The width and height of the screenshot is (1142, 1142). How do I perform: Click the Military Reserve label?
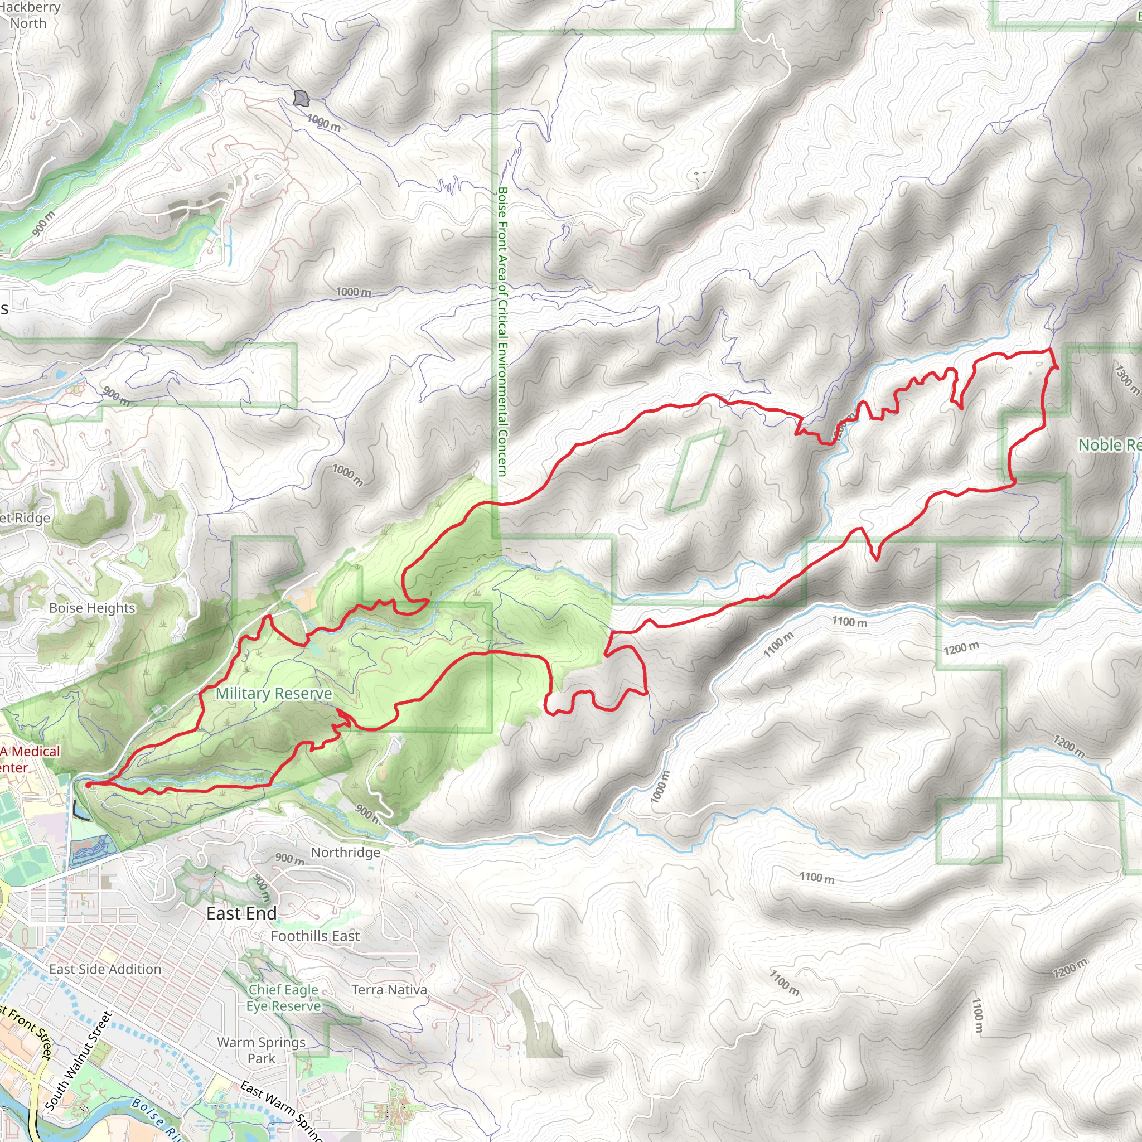coord(273,693)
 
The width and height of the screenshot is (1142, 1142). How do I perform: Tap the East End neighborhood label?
coord(241,913)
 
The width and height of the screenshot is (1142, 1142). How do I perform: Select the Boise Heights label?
coord(92,608)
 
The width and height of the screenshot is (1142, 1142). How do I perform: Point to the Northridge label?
coord(345,853)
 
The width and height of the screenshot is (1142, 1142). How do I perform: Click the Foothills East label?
coord(315,936)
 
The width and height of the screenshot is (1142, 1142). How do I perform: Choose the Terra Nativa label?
coord(389,990)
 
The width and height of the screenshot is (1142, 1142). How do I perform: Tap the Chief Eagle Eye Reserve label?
coord(284,998)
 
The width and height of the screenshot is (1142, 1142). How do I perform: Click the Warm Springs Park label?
coord(262,1051)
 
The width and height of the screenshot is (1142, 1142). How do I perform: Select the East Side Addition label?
coord(105,969)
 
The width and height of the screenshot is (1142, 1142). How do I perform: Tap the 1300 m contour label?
coord(1126,378)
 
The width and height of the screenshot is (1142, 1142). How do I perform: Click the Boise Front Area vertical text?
coord(502,331)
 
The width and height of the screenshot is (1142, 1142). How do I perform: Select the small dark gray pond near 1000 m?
coord(302,98)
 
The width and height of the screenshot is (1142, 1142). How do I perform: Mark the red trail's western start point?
coord(88,785)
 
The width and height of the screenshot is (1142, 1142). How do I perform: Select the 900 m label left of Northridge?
coord(289,858)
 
